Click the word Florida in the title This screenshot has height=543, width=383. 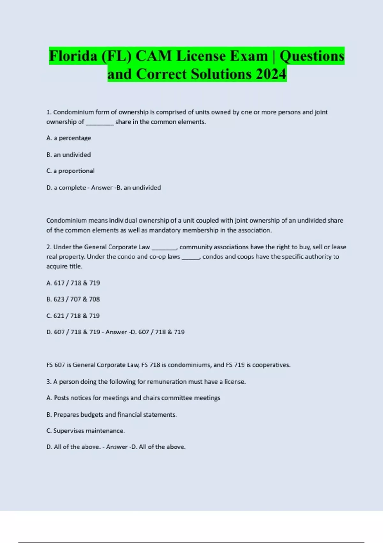pyautogui.click(x=73, y=56)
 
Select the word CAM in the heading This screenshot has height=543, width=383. pyautogui.click(x=154, y=56)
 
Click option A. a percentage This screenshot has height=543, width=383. pyautogui.click(x=69, y=138)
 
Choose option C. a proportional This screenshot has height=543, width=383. pyautogui.click(x=70, y=171)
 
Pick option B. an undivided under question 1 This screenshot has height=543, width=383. pyautogui.click(x=69, y=155)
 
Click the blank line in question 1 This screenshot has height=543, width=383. pyautogui.click(x=100, y=123)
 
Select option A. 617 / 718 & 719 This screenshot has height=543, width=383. pyautogui.click(x=73, y=283)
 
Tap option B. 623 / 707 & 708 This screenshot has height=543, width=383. pyautogui.click(x=73, y=299)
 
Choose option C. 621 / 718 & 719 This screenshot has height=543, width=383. pyautogui.click(x=73, y=316)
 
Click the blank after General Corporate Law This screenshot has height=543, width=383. pyautogui.click(x=164, y=248)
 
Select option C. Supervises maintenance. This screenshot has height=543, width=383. pyautogui.click(x=86, y=431)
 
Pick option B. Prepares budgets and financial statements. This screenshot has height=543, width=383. pyautogui.click(x=111, y=415)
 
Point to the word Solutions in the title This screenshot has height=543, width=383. pyautogui.click(x=221, y=74)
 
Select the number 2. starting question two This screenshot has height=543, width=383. pyautogui.click(x=49, y=247)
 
